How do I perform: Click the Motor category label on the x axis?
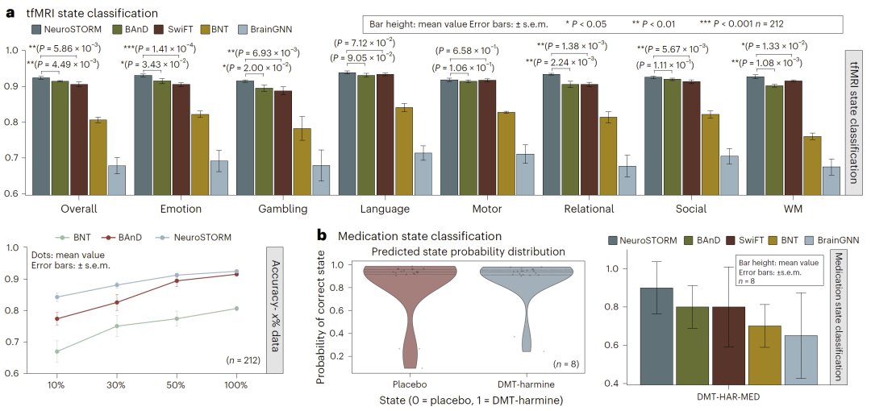point(488,209)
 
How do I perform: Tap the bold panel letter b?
point(322,236)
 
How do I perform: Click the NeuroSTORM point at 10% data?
point(56,297)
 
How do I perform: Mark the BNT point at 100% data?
point(236,308)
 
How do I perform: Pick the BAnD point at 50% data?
point(177,280)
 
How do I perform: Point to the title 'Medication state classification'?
point(419,236)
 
